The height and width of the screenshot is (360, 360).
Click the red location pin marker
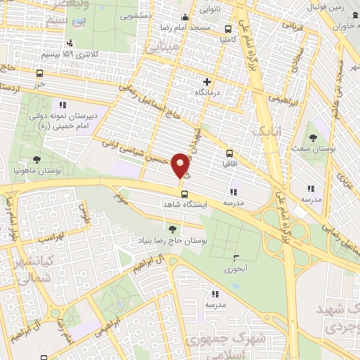[180, 165]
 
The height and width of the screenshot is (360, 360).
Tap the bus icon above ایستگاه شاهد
[184, 194]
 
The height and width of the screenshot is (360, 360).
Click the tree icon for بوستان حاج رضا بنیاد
[172, 229]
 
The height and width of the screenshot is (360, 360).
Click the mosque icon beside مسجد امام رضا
[185, 18]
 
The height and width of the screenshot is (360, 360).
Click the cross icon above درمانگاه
[207, 82]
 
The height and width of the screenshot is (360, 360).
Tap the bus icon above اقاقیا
[229, 153]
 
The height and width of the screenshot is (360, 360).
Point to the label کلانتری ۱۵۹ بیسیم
[67, 54]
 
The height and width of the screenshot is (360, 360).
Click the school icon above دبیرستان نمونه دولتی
[63, 105]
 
